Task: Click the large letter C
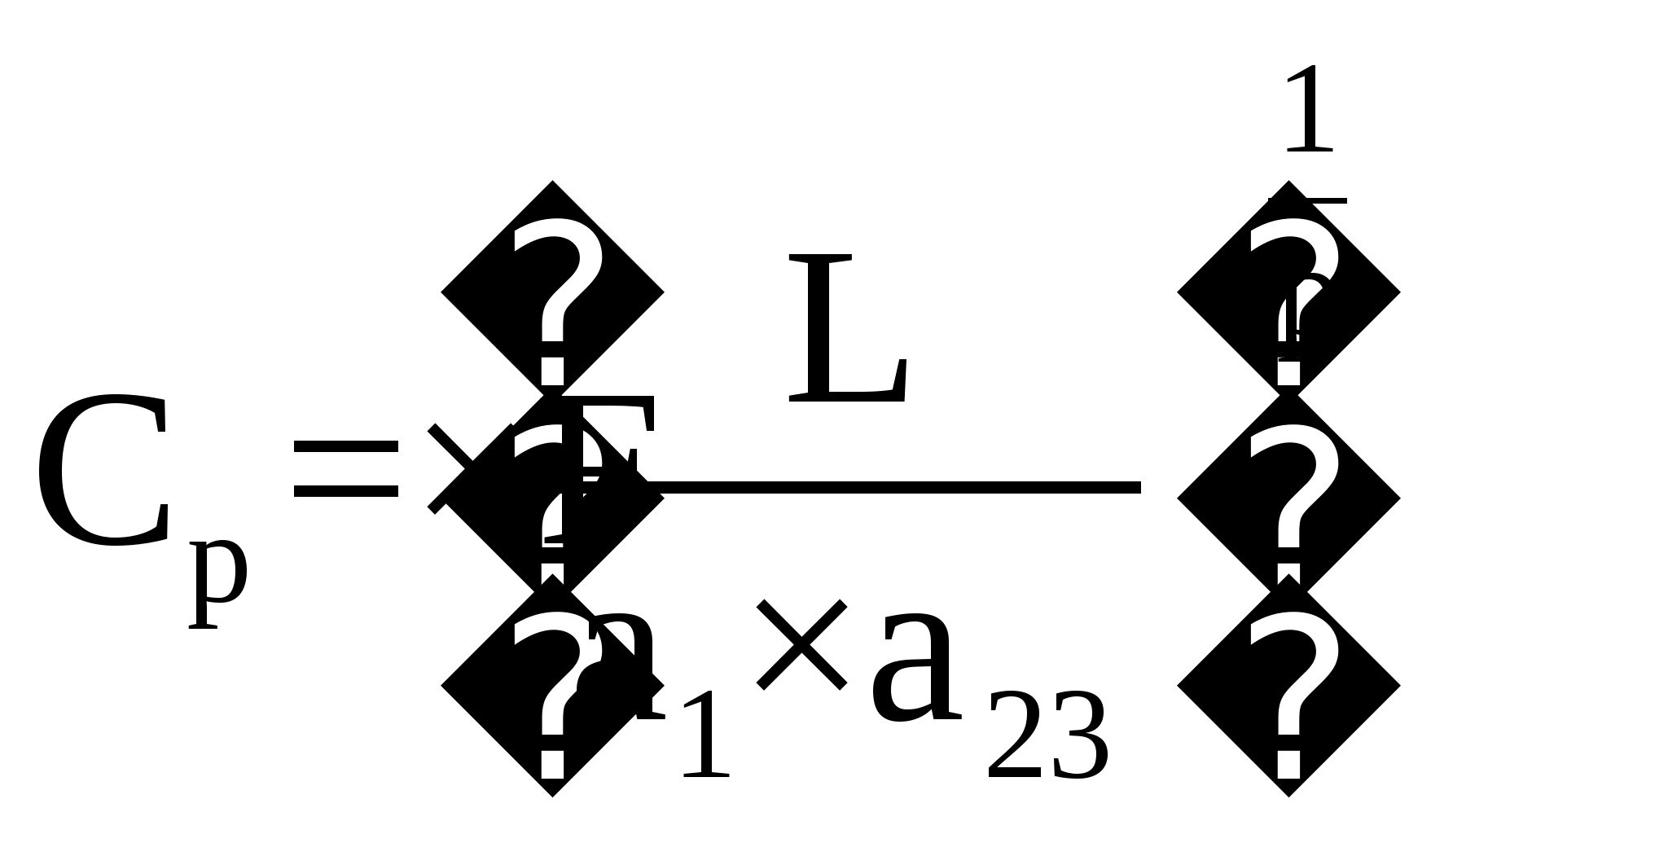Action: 102,470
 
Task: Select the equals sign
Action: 346,468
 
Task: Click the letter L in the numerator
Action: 847,329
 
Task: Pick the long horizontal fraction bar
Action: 896,488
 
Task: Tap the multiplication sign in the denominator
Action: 801,645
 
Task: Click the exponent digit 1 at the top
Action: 1308,110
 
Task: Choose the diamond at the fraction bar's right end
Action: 1288,497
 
